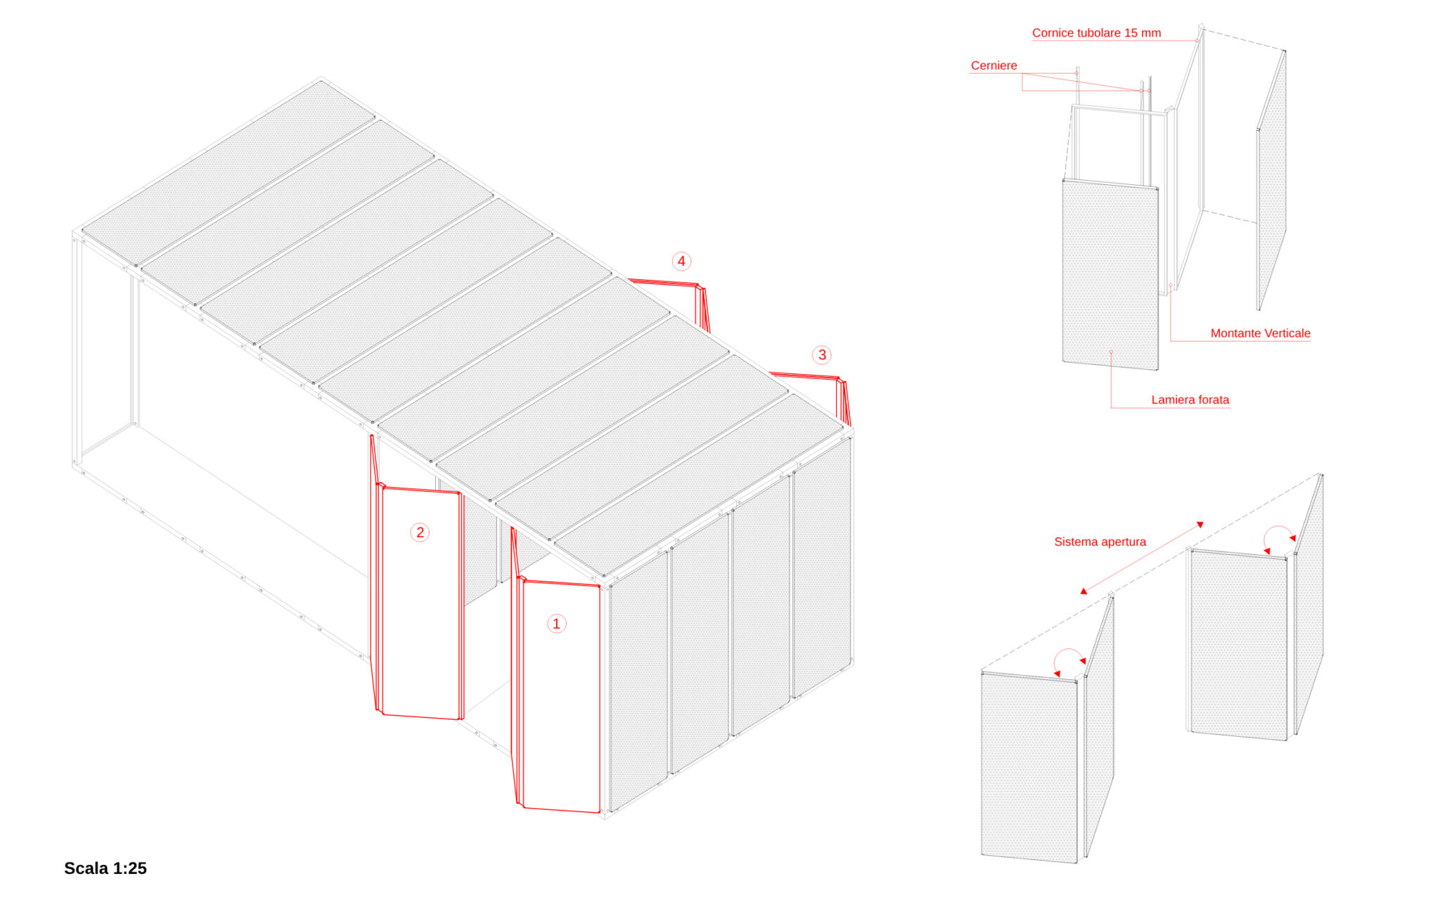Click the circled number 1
click(x=556, y=624)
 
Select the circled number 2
click(x=420, y=532)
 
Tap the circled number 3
click(x=822, y=355)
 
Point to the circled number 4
click(x=681, y=262)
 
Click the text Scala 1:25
click(x=105, y=868)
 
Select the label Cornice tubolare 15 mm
click(x=1096, y=33)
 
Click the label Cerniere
click(x=994, y=65)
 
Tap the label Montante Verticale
click(x=1260, y=333)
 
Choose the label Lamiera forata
click(x=1190, y=400)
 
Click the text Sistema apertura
click(x=1100, y=541)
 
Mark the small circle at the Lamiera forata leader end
click(x=1111, y=352)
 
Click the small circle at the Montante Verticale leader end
click(x=1171, y=285)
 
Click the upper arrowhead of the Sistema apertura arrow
click(x=1201, y=525)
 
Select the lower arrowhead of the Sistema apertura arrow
click(x=1084, y=591)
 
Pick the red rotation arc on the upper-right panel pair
click(x=1278, y=527)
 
